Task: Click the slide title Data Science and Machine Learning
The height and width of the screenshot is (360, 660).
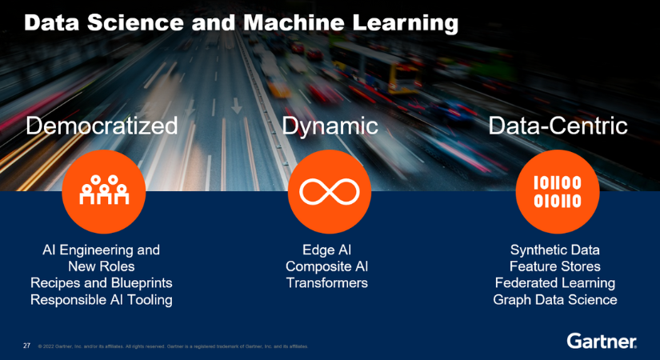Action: coord(240,22)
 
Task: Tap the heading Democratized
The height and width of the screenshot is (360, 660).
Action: coord(101,126)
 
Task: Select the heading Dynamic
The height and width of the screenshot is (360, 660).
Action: coord(329,126)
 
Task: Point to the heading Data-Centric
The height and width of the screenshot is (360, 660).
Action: coord(558,126)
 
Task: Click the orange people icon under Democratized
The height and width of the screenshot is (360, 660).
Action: coord(104,190)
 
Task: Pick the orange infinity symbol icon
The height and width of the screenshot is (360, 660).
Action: coord(329,190)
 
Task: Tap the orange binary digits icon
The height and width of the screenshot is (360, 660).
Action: coord(557,190)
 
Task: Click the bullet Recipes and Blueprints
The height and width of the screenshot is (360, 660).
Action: coord(102,283)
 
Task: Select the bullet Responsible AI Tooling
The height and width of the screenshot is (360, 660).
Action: coord(102,300)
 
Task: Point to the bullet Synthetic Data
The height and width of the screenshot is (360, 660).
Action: coord(555,250)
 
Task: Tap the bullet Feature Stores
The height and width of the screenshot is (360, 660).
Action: coord(555,266)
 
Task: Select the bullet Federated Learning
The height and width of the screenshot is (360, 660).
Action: coord(555,283)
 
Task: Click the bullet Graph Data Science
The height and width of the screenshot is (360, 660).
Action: coord(555,300)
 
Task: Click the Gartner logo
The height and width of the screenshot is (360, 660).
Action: coord(602,342)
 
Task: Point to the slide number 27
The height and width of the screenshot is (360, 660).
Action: coord(26,346)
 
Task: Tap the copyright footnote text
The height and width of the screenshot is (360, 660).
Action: coord(173,347)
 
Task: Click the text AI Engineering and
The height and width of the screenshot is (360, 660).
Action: coord(102,250)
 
